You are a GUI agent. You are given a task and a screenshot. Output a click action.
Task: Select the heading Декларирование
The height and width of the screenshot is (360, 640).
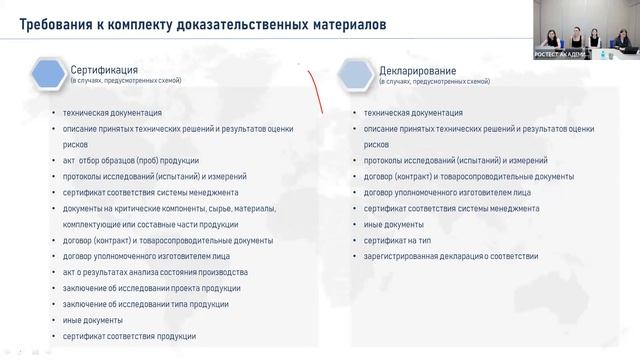[x=418, y=71]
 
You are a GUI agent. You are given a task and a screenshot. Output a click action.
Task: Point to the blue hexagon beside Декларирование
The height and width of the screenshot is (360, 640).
[x=357, y=74]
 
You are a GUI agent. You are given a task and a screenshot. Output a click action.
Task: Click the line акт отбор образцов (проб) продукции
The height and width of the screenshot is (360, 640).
[x=130, y=160]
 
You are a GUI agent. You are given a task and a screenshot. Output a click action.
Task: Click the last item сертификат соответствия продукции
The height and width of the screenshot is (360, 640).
[x=129, y=336]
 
